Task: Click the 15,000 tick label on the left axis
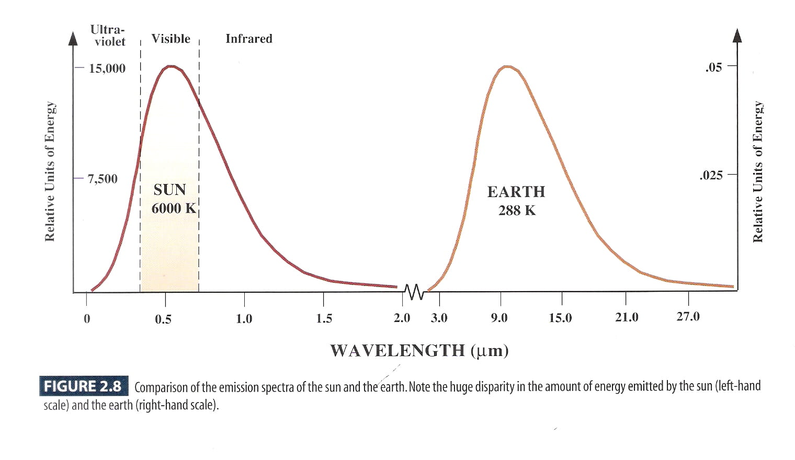point(107,68)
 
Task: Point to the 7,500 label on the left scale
point(103,179)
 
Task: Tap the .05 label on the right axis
point(713,67)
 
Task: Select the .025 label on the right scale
point(711,175)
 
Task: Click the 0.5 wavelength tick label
point(163,319)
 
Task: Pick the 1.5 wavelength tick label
point(324,318)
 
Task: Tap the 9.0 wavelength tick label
point(499,318)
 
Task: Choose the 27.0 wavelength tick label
point(688,316)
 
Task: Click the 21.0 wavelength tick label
point(627,317)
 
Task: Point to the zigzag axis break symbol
point(414,292)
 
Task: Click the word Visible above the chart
point(171,39)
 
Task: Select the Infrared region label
point(249,39)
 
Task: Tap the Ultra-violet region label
point(108,36)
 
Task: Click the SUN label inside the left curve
point(169,189)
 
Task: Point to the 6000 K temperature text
point(174,209)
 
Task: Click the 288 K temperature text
point(517,211)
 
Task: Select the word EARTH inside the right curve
point(516,192)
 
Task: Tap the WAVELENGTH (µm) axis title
point(419,350)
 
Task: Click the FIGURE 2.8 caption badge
point(83,386)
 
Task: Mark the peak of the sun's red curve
point(171,66)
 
